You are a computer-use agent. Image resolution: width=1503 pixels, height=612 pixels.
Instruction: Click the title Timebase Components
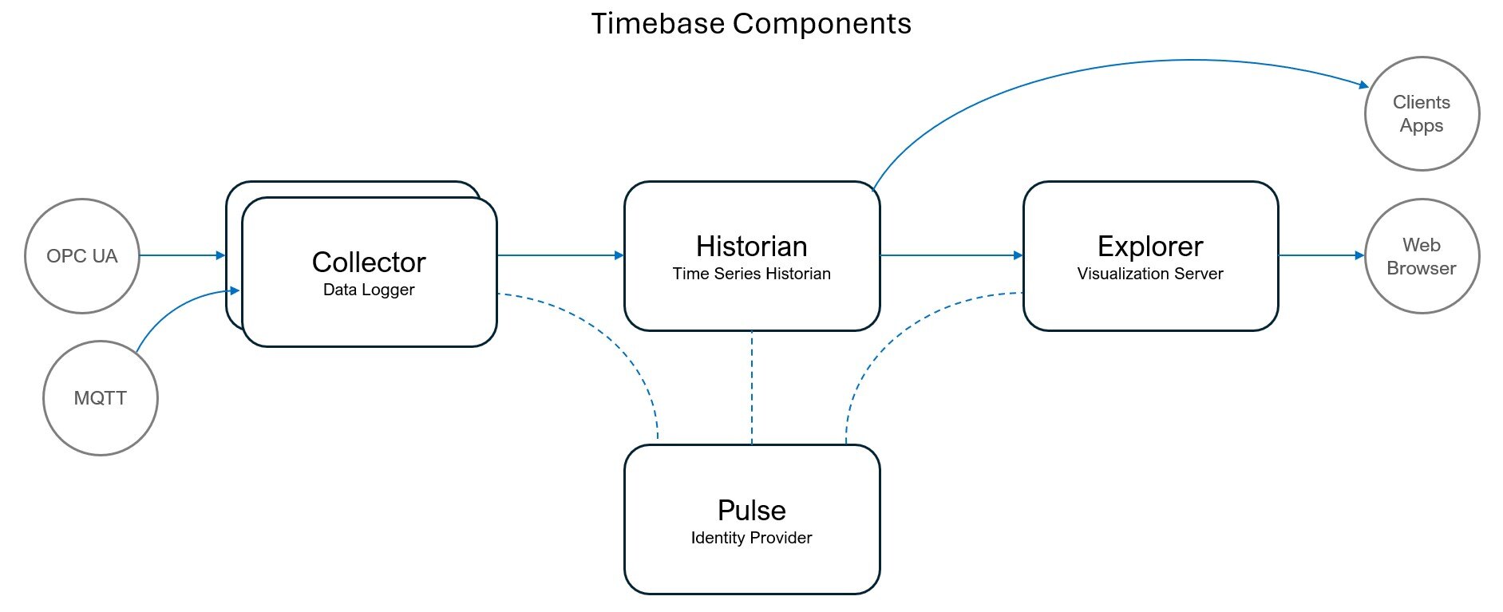[750, 24]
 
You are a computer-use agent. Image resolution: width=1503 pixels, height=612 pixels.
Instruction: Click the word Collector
[369, 262]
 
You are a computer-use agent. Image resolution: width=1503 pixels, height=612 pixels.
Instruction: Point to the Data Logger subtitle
[369, 290]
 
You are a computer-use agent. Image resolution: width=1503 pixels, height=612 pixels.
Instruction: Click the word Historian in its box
[751, 246]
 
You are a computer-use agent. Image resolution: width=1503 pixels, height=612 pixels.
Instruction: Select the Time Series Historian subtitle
[751, 274]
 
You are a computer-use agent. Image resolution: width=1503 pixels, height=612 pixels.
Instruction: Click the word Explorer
[1150, 246]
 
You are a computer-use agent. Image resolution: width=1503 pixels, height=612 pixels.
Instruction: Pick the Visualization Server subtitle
[1150, 274]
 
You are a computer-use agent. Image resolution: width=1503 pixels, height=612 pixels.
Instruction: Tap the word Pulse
[751, 510]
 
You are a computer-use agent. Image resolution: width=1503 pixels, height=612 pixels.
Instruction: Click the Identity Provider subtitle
[751, 538]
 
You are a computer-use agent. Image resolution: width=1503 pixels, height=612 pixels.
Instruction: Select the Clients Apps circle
[1422, 113]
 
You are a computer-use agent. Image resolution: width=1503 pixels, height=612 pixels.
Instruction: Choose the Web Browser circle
[1422, 256]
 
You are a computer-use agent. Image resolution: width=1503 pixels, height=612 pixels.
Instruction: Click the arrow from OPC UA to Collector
[182, 255]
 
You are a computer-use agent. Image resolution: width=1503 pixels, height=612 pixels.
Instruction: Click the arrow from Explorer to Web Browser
[1322, 255]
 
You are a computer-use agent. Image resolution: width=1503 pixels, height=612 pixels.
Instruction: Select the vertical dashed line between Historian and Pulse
[752, 387]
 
